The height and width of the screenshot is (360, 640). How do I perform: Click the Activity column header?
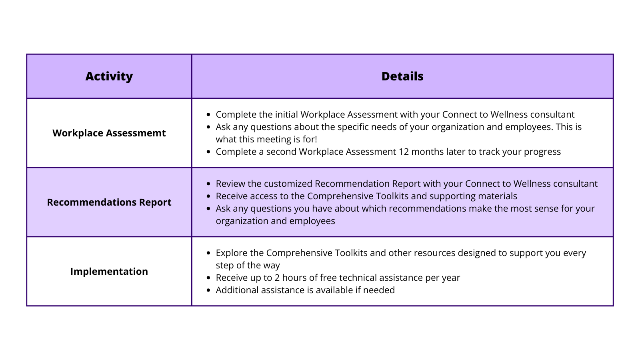point(109,76)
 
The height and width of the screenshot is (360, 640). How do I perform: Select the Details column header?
point(402,76)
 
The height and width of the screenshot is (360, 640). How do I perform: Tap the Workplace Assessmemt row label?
point(109,133)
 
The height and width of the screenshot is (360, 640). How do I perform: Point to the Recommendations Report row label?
point(109,202)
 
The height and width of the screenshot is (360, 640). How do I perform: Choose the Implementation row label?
point(109,272)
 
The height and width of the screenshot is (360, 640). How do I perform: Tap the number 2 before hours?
point(277,278)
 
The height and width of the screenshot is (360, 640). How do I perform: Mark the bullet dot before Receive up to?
point(208,278)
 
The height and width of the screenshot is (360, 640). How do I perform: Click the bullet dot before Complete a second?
point(208,152)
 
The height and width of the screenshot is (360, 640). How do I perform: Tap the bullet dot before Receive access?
point(208,196)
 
